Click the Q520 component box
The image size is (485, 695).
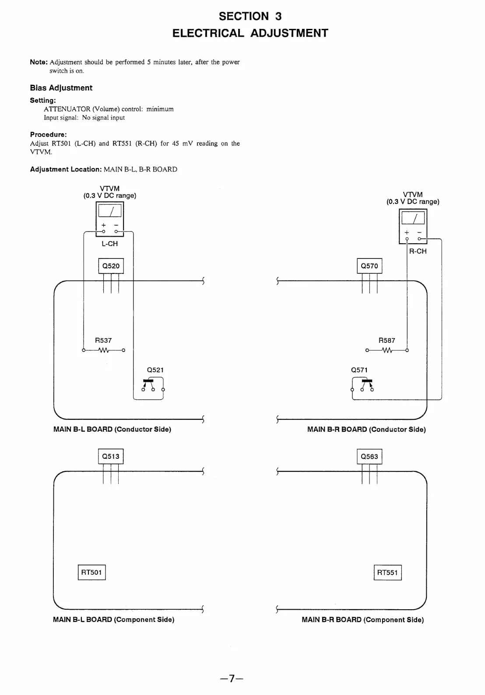[111, 266]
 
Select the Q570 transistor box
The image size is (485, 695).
[369, 266]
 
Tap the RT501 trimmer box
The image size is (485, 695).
[91, 573]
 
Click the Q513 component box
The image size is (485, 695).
[111, 457]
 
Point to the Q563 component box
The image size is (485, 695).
[369, 457]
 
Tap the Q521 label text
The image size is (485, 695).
[155, 370]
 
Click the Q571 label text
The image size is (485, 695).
[359, 370]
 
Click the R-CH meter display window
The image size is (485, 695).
[413, 218]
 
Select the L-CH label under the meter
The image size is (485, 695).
[109, 244]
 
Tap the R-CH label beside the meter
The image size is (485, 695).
[418, 251]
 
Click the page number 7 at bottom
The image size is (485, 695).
[232, 679]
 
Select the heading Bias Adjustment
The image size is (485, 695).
[61, 88]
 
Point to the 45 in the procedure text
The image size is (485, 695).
[176, 143]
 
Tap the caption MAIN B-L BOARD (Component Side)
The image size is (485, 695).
[114, 620]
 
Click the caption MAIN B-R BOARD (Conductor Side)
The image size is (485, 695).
[366, 430]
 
